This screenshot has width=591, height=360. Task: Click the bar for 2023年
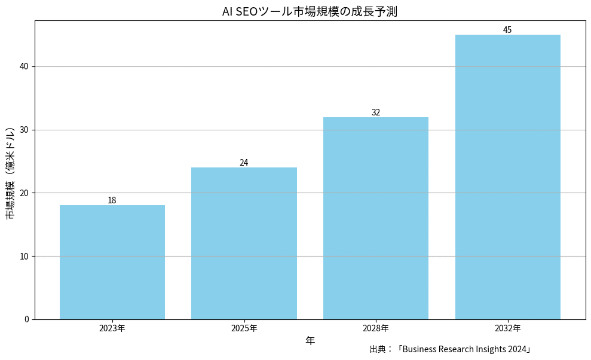coord(112,262)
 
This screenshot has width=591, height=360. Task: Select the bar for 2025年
coord(244,243)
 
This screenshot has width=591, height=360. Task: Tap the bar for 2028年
coord(376,218)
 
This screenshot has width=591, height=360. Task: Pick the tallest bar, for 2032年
coord(507,177)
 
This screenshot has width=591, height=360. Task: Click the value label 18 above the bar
coord(112,200)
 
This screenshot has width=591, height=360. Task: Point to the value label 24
coord(244,163)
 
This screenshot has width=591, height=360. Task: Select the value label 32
coord(376,112)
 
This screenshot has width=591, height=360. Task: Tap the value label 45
coord(507,30)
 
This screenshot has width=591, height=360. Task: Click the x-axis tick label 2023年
coord(112,328)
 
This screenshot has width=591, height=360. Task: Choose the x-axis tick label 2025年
coord(244,328)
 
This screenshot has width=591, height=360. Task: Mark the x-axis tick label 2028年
coord(376,328)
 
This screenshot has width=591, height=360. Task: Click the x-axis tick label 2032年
coord(507,328)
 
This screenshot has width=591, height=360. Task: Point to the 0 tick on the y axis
coord(26,319)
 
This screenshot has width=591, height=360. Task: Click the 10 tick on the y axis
coord(25,256)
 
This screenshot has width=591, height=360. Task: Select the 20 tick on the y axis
coord(25,193)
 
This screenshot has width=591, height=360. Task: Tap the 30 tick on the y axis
coord(25,130)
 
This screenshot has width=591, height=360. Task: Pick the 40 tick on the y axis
coord(25,66)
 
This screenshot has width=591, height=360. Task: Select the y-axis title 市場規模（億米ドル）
coord(10,173)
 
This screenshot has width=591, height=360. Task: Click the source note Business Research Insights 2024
coord(451,349)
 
